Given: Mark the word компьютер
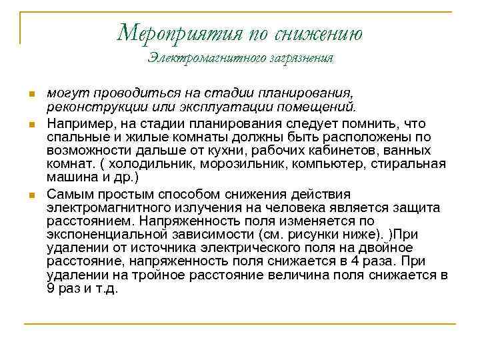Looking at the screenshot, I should (320, 164).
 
